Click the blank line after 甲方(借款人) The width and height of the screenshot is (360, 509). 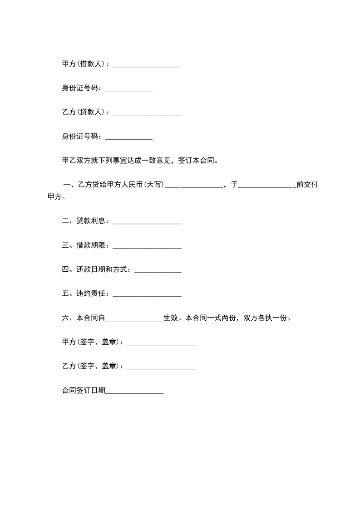(x=147, y=66)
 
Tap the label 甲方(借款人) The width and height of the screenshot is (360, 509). (x=84, y=64)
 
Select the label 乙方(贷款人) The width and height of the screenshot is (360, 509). (x=84, y=112)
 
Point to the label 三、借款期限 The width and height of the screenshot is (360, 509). (x=85, y=245)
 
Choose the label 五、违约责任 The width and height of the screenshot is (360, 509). (x=85, y=294)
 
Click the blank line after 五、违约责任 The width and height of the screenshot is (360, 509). (x=147, y=296)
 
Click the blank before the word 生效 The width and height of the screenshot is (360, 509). (x=134, y=320)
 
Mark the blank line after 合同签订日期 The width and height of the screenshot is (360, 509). (x=134, y=392)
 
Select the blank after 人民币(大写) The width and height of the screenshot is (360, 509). (x=193, y=186)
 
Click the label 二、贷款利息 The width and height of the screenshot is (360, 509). (x=85, y=221)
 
